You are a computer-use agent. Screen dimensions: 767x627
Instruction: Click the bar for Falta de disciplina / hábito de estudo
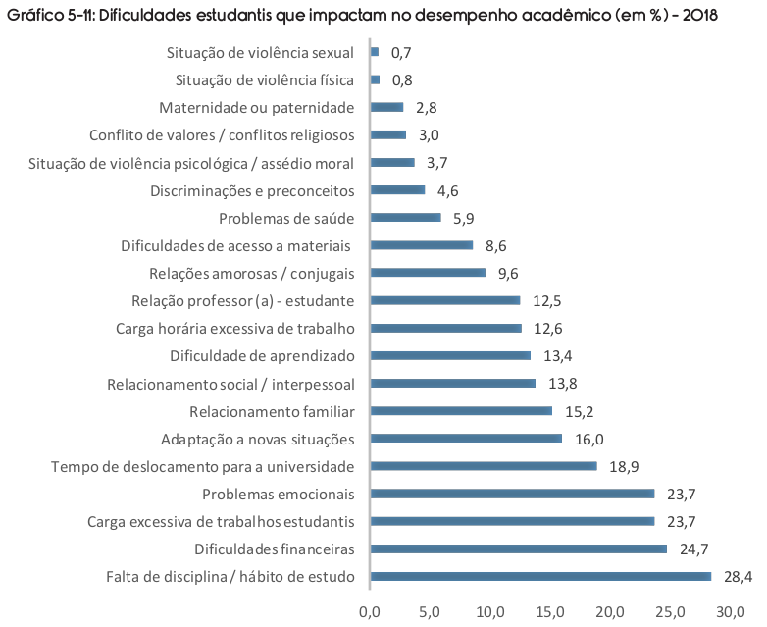(540, 576)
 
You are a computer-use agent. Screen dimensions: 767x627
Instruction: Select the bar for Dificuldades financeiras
(519, 549)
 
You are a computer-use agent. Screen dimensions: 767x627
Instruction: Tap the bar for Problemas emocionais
(513, 494)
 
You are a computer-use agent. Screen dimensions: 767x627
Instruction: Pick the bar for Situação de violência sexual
(375, 52)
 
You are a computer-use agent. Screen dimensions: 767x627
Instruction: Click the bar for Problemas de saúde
(406, 217)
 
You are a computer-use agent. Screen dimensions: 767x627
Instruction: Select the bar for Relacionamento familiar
(461, 411)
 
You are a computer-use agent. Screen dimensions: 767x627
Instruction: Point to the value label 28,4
(739, 577)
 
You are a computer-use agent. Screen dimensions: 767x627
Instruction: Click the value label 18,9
(624, 466)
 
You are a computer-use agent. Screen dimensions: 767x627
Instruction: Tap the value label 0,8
(402, 79)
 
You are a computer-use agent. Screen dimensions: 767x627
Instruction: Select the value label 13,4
(558, 356)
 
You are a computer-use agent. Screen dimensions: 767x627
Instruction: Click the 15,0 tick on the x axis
(550, 612)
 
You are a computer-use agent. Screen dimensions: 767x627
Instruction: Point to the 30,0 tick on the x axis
(731, 612)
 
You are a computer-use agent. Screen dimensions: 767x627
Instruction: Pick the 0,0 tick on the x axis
(370, 612)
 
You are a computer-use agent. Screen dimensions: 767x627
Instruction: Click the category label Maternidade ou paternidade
(257, 108)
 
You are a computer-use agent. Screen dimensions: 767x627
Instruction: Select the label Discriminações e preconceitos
(252, 191)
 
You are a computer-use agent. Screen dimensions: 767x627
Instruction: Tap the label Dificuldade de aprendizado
(262, 356)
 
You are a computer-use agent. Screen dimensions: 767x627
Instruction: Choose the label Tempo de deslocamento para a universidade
(203, 466)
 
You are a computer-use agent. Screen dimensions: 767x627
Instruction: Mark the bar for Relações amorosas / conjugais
(428, 273)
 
